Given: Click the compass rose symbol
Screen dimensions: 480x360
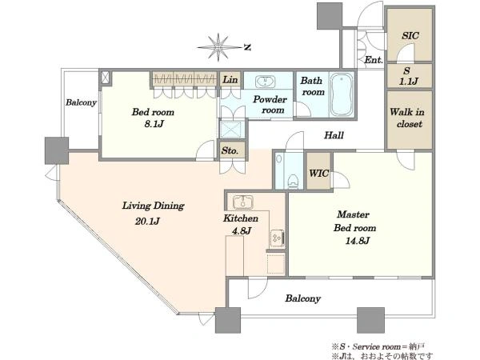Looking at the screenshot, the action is click(x=218, y=47).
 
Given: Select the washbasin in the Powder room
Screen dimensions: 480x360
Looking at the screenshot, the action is click(x=265, y=82).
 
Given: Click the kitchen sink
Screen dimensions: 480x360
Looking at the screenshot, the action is click(x=243, y=202).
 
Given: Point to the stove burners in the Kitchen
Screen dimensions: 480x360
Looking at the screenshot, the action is click(x=278, y=238).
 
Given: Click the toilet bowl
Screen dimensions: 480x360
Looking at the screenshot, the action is click(x=293, y=182).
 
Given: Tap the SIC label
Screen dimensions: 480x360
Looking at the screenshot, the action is click(x=410, y=36).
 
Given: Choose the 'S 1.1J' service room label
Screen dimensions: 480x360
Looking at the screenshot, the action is click(x=408, y=76).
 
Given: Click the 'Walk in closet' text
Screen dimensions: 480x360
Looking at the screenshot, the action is click(x=407, y=118).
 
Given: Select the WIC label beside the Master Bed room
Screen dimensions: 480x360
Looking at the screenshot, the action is click(x=318, y=174).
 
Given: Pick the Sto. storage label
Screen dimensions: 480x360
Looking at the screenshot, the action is click(x=230, y=150).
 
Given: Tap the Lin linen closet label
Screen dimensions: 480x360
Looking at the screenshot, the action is click(x=230, y=80).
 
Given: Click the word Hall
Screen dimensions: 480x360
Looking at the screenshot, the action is click(x=334, y=135).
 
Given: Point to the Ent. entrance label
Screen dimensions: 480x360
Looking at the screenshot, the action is click(x=374, y=60).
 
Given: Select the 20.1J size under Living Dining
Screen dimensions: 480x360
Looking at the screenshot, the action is click(x=147, y=221).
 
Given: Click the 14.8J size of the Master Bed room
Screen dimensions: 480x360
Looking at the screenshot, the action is click(x=358, y=241).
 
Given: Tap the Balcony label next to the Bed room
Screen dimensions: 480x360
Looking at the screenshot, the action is click(x=81, y=102).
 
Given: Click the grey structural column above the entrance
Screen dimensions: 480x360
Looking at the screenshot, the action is click(x=330, y=15).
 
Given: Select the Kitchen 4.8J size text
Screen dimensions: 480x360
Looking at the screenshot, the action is click(x=242, y=230).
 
